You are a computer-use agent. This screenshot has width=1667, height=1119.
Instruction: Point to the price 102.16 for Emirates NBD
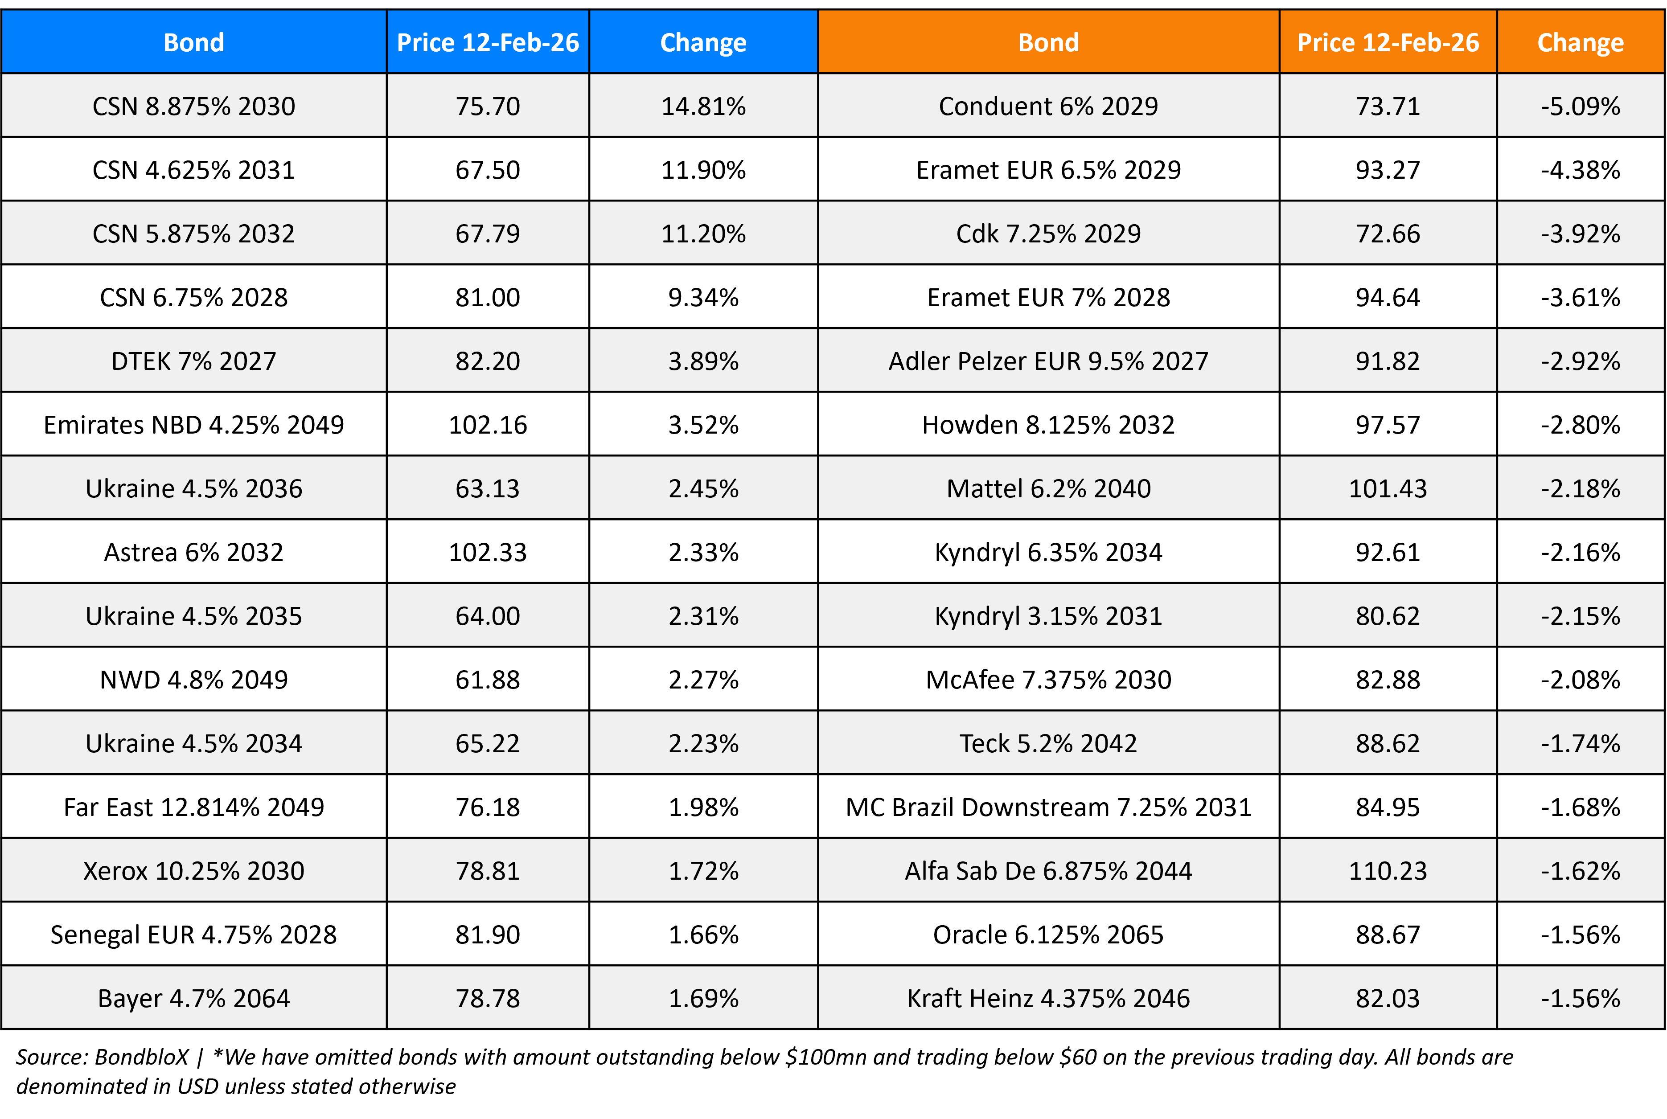pyautogui.click(x=488, y=425)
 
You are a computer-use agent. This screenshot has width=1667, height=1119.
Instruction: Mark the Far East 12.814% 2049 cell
pyautogui.click(x=193, y=807)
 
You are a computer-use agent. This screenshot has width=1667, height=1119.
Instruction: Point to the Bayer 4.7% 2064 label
pyautogui.click(x=193, y=998)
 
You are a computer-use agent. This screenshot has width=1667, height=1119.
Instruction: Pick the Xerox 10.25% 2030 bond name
pyautogui.click(x=193, y=871)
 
